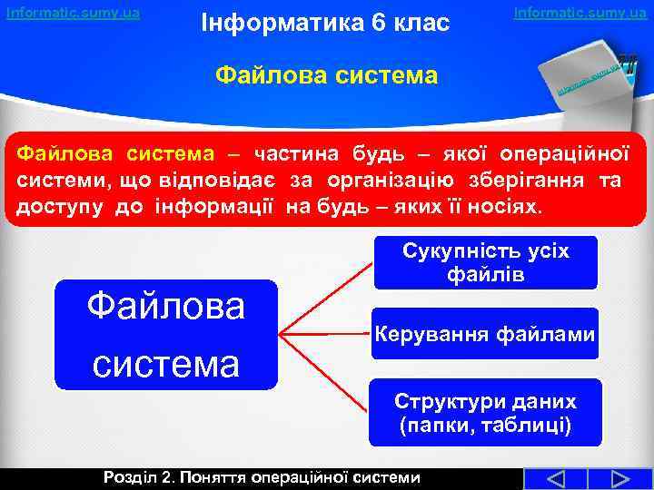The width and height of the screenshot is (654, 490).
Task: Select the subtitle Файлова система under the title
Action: [x=326, y=73]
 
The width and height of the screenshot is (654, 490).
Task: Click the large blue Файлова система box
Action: [x=166, y=335]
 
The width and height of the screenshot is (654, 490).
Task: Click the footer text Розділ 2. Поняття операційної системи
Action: [x=263, y=477]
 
